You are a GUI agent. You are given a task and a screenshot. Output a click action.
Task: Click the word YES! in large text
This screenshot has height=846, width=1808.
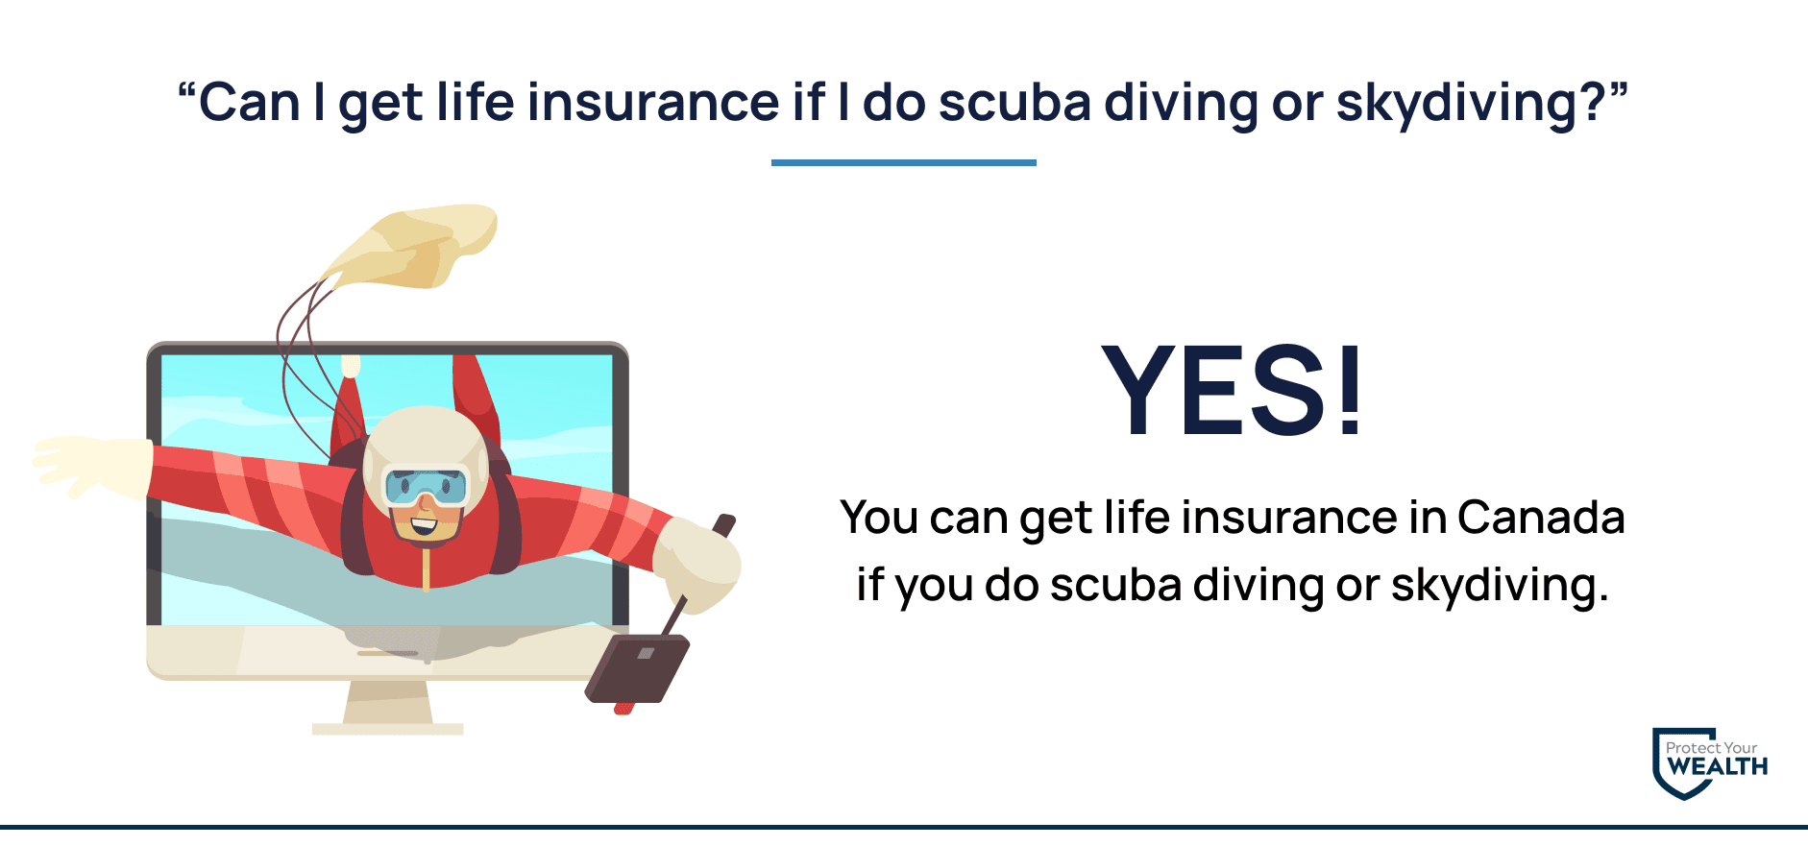1233,390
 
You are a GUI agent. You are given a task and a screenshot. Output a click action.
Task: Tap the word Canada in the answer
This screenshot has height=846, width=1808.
1541,518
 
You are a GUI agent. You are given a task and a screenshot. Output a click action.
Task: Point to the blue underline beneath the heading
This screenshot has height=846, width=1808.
904,162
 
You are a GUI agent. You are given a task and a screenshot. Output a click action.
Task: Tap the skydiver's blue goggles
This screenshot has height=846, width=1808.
426,487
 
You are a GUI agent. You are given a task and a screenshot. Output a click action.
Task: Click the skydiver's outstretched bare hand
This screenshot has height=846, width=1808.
92,467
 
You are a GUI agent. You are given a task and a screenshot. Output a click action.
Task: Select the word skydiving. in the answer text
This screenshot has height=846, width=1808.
1500,586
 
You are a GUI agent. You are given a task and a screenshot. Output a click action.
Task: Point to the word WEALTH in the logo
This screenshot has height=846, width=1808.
1718,767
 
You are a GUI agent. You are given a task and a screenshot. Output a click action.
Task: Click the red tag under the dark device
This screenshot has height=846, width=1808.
624,709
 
